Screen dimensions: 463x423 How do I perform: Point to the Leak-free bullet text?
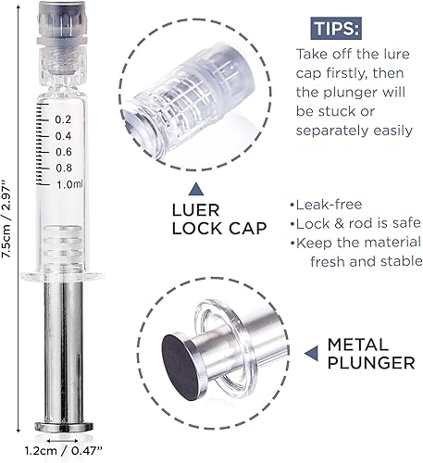click(x=326, y=205)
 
